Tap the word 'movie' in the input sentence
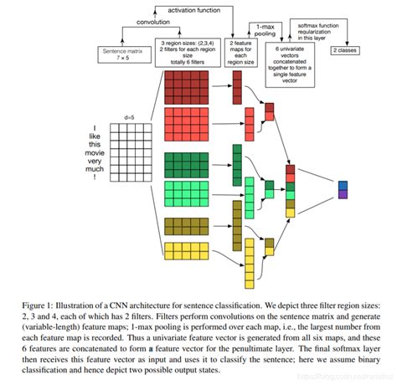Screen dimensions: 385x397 101,151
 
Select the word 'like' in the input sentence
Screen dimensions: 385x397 101,134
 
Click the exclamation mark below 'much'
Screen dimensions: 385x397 101,177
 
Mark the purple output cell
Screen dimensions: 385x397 343,193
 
